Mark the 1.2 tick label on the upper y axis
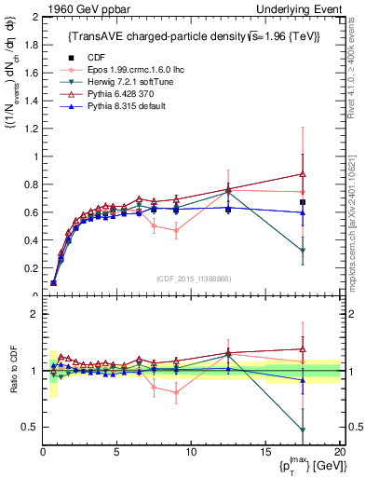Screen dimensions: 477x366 pos(29,129)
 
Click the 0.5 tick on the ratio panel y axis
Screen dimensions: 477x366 pos(29,427)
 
